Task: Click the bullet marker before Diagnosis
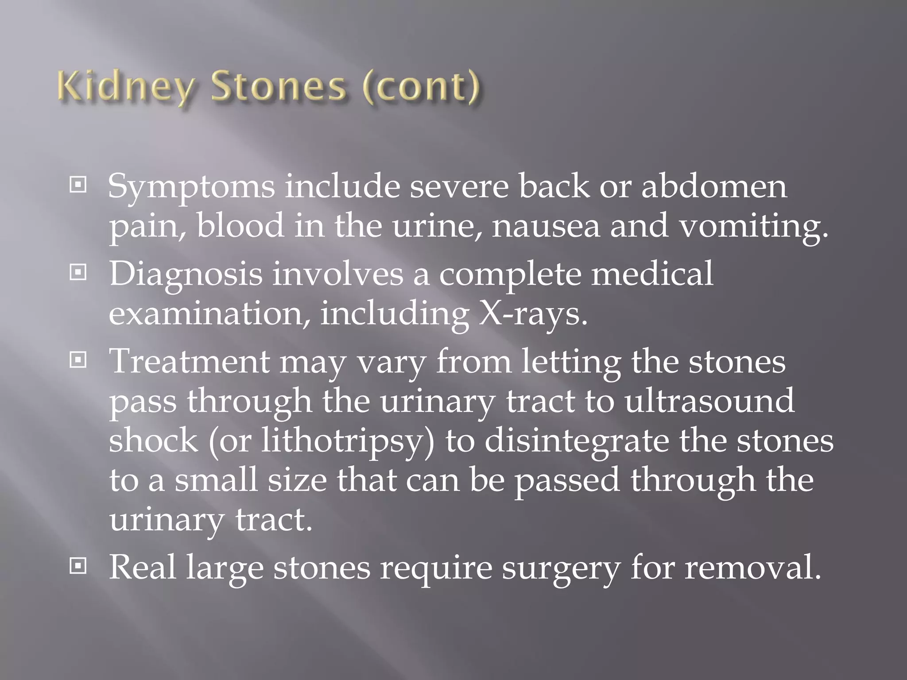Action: coord(78,273)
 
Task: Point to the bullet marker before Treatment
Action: coord(78,360)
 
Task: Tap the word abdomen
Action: coord(714,186)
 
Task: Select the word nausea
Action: coord(546,226)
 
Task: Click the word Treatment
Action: coord(190,362)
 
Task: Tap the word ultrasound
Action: coord(709,401)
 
